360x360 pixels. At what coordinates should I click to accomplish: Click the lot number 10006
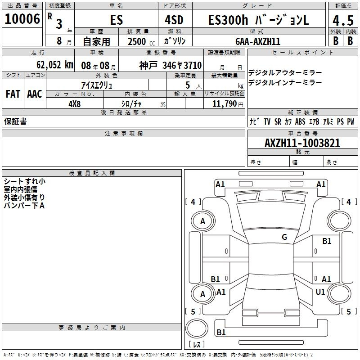pyautogui.click(x=22, y=19)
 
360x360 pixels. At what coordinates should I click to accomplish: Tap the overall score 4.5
pyautogui.click(x=342, y=21)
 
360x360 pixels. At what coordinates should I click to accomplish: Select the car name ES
pyautogui.click(x=116, y=20)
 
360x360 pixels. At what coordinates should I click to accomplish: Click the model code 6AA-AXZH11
pyautogui.click(x=258, y=41)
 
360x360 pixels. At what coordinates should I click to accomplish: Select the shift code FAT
pyautogui.click(x=13, y=94)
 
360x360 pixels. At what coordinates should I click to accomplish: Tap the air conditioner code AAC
pyautogui.click(x=34, y=94)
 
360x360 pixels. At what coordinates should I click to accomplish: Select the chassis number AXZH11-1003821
pyautogui.click(x=302, y=143)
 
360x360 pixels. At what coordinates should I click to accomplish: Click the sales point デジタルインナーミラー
pyautogui.click(x=285, y=82)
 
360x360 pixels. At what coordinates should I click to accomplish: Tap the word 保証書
pyautogui.click(x=15, y=121)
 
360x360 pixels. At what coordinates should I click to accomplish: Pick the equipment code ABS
pyautogui.click(x=300, y=121)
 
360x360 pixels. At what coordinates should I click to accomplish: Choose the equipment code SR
pyautogui.click(x=278, y=121)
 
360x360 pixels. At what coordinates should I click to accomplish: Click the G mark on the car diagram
pyautogui.click(x=284, y=237)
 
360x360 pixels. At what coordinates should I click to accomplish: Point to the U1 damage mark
pyautogui.click(x=320, y=292)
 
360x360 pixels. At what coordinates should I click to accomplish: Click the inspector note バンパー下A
pyautogui.click(x=24, y=205)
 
